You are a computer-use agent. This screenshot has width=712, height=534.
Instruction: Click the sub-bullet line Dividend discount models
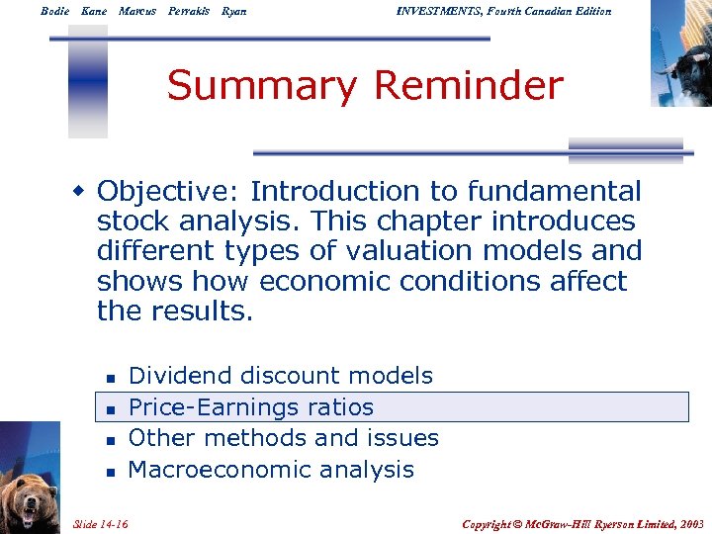tap(281, 376)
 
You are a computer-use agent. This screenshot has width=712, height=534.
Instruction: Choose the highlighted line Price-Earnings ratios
tap(251, 407)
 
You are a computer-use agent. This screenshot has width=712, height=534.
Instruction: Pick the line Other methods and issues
tap(284, 438)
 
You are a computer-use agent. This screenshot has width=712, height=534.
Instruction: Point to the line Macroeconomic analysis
tap(271, 470)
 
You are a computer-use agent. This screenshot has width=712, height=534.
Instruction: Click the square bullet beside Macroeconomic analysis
tap(111, 472)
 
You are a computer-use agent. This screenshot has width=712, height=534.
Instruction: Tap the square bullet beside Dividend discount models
tap(111, 378)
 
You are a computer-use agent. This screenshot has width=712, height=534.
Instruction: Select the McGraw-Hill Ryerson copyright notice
tap(583, 522)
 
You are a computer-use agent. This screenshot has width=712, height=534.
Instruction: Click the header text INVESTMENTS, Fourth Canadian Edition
tap(503, 11)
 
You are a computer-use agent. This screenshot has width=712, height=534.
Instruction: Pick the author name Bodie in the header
tap(55, 11)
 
